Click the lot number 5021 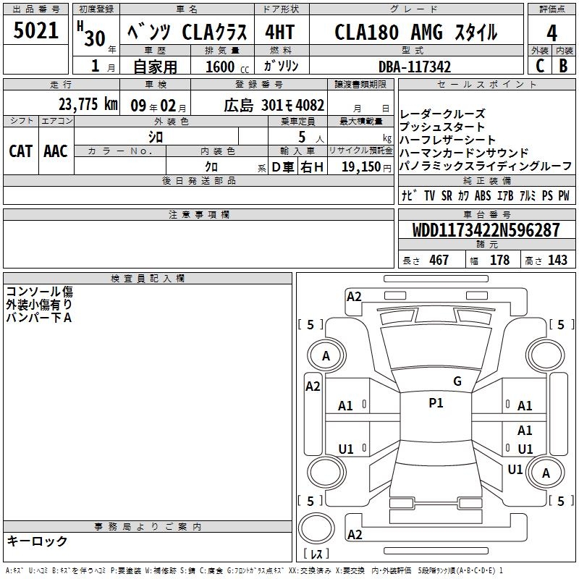pyautogui.click(x=37, y=31)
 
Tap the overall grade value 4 pyautogui.click(x=551, y=33)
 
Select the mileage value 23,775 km pyautogui.click(x=88, y=103)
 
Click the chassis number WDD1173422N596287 pyautogui.click(x=486, y=231)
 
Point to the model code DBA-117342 pyautogui.click(x=415, y=67)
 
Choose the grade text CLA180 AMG pyautogui.click(x=390, y=33)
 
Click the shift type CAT pyautogui.click(x=20, y=151)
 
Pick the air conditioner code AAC pyautogui.click(x=55, y=151)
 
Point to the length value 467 pyautogui.click(x=439, y=261)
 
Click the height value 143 pyautogui.click(x=557, y=261)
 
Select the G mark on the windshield pyautogui.click(x=457, y=381)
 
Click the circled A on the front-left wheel pyautogui.click(x=326, y=356)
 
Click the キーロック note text pyautogui.click(x=37, y=541)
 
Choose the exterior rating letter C pyautogui.click(x=539, y=66)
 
